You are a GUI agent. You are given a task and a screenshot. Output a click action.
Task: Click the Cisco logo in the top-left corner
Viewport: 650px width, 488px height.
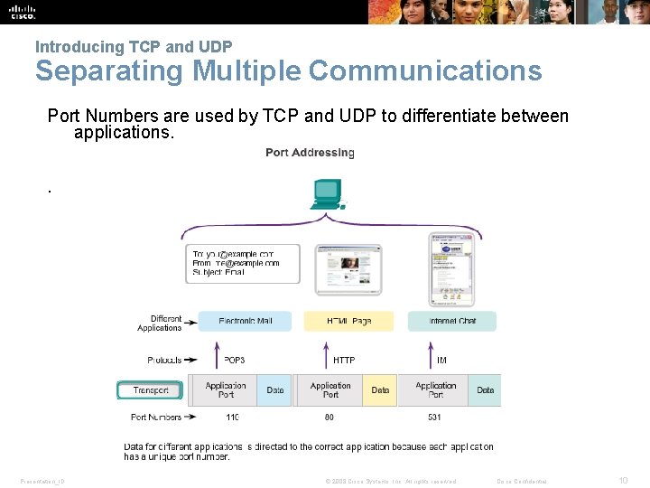(x=23, y=12)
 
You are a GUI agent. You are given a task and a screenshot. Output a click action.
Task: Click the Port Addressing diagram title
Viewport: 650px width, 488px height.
(x=310, y=153)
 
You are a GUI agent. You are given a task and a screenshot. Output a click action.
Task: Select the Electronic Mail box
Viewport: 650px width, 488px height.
(x=244, y=321)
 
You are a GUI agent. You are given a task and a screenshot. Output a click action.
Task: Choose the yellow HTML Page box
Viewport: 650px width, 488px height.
(x=348, y=321)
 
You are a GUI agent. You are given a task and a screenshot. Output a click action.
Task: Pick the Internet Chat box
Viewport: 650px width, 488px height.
(x=452, y=321)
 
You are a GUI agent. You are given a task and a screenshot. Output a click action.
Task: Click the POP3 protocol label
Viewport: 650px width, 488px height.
(x=233, y=360)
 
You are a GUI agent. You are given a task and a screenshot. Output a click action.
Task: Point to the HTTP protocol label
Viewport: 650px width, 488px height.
(x=344, y=360)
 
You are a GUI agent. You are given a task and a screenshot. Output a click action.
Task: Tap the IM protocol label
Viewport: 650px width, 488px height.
(x=441, y=360)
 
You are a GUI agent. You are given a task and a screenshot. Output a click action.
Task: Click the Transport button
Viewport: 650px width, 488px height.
(x=150, y=390)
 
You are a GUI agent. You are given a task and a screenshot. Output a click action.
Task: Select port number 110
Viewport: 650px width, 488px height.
(x=232, y=418)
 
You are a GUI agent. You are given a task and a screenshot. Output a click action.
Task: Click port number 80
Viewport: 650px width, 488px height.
(x=330, y=418)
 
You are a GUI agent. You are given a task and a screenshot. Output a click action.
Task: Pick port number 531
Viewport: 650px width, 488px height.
(x=435, y=418)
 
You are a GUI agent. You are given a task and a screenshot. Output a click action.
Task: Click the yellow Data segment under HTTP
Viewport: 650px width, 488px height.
(x=380, y=390)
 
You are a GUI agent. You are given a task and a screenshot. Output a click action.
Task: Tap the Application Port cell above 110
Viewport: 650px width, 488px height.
(x=226, y=390)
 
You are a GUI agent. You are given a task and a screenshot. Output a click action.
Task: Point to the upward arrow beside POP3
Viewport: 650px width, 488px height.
(x=217, y=354)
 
